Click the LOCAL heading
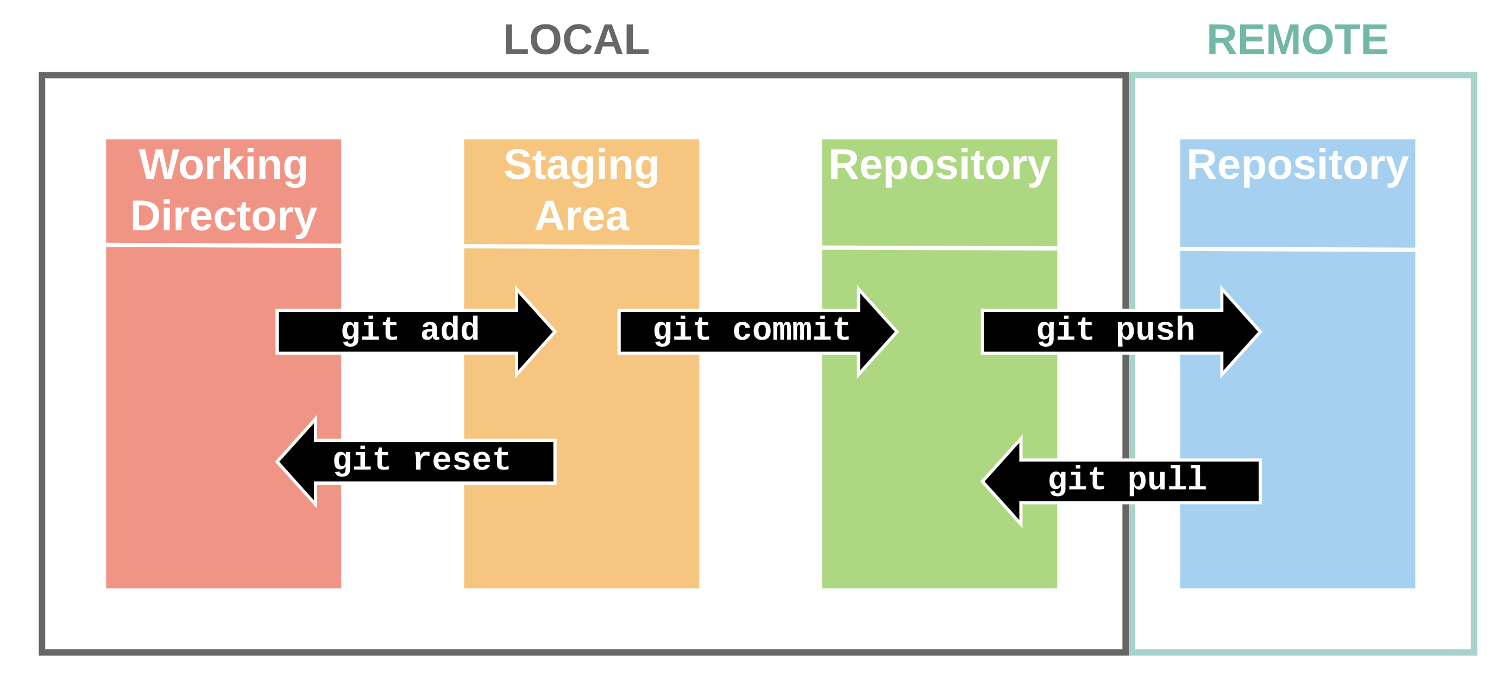coord(576,40)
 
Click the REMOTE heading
coord(1298,40)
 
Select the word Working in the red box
coord(223,166)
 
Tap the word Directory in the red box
coord(223,217)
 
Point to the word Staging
coord(582,166)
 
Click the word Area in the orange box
coord(582,216)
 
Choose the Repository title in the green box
coord(940,166)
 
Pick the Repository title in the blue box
coord(1298,166)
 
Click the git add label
coord(410,330)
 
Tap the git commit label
coord(752,330)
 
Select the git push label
coord(1115,330)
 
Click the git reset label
coord(421,460)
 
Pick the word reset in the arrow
coord(462,460)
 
